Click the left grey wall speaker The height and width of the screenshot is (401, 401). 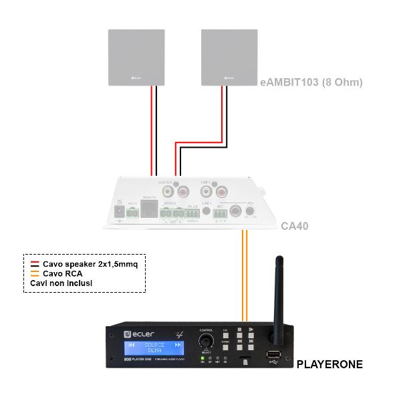tap(136, 57)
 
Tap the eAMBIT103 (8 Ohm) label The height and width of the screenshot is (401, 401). tap(311, 83)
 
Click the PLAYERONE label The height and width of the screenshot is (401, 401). tap(329, 364)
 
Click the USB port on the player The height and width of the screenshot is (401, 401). tap(272, 355)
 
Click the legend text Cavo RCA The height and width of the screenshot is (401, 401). tap(63, 273)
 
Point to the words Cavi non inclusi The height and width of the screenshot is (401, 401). tap(61, 283)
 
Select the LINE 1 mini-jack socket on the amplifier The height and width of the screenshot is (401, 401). tap(207, 211)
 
